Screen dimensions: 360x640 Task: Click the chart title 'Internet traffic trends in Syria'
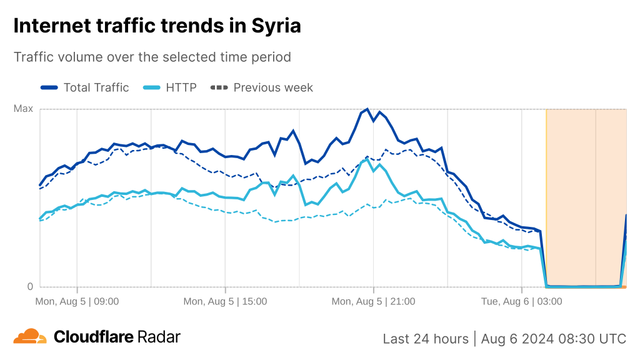point(157,26)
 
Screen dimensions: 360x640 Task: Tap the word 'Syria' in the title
point(276,26)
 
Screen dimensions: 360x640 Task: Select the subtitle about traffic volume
point(152,57)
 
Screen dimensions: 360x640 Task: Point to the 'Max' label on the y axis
point(23,109)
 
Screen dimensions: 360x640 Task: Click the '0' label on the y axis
point(29,287)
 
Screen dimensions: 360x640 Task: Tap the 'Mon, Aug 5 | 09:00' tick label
point(77,301)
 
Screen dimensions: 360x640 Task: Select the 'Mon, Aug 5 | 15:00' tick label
point(225,301)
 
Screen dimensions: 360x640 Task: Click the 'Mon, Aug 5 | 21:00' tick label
point(373,301)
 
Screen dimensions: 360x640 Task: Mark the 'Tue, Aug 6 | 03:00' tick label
point(522,301)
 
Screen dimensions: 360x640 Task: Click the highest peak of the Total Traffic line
point(367,109)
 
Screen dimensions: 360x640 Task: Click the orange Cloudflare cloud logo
point(30,337)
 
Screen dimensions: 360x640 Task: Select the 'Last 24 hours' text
point(426,339)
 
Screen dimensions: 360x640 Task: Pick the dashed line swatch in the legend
point(219,87)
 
